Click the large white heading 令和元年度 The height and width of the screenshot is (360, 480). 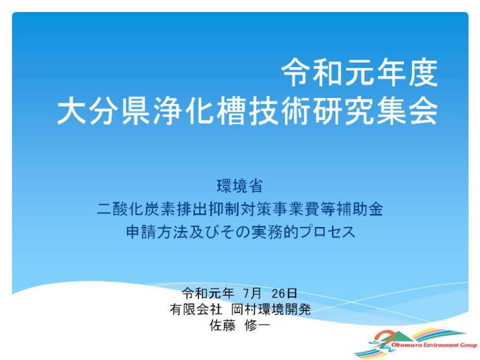[360, 73]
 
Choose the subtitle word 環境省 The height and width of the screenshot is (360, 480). [240, 185]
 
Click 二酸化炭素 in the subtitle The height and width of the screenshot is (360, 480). [136, 209]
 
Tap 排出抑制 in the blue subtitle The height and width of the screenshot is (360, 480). [208, 209]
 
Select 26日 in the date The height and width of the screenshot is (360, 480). [284, 294]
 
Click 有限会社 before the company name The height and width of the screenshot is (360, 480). [196, 310]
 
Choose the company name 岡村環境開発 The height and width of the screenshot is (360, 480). [271, 310]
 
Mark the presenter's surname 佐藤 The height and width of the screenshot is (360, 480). [223, 326]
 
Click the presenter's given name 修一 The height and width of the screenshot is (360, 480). [257, 326]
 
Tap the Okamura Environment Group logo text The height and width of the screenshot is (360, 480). [434, 345]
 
